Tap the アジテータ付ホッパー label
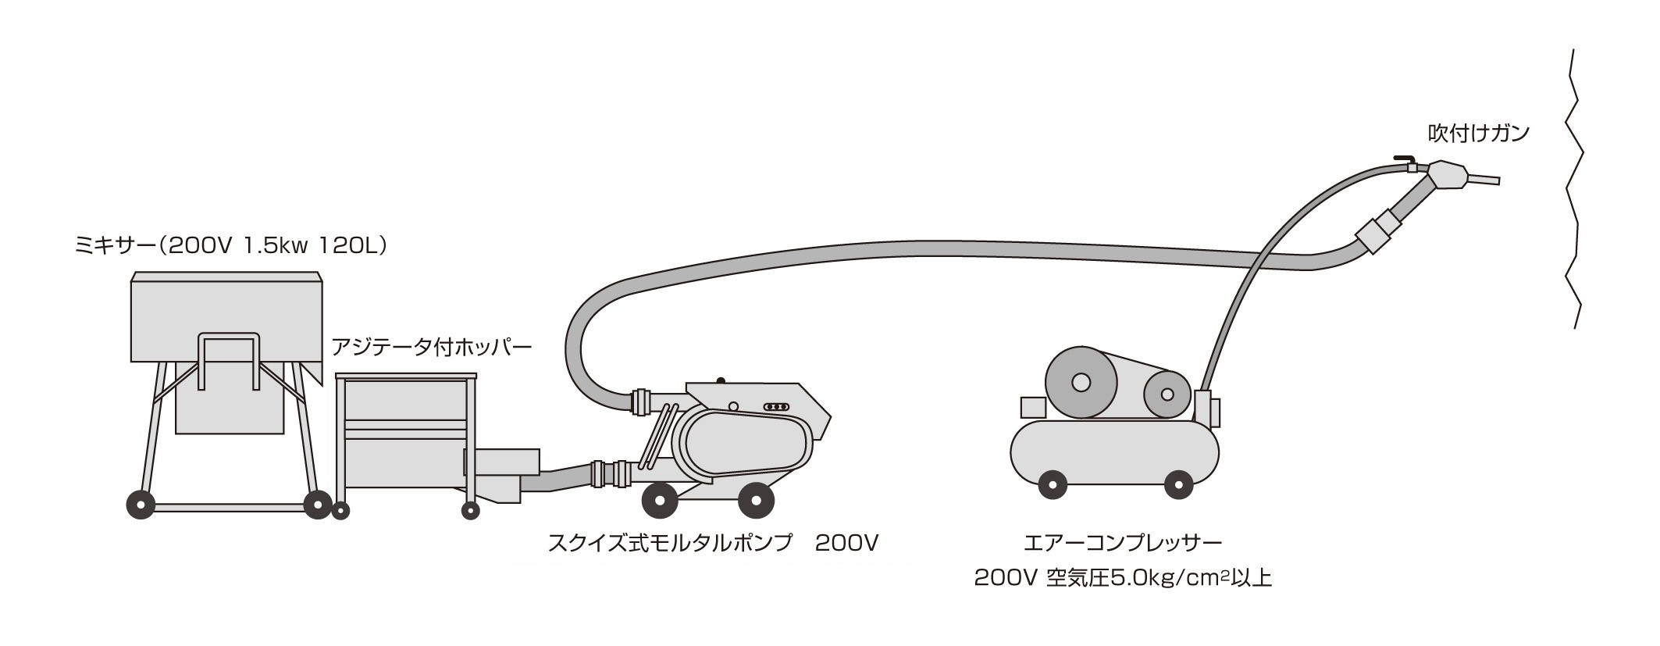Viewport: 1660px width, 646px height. [432, 346]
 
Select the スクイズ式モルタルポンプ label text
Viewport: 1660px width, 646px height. [670, 542]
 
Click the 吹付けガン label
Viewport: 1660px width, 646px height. [1478, 134]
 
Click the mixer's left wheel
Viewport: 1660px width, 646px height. [141, 505]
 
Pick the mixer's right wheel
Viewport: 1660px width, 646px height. [318, 505]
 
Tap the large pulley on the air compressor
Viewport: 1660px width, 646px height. [1081, 383]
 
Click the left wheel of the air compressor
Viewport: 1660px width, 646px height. [1053, 484]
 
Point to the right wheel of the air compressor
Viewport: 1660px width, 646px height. [1178, 484]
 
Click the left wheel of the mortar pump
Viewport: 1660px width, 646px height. [659, 500]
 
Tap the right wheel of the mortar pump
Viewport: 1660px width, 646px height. [755, 500]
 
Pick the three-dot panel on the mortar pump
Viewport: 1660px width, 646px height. [775, 407]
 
